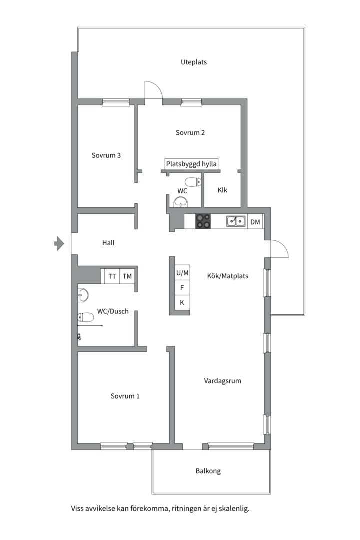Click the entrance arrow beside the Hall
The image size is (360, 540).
[x=59, y=244]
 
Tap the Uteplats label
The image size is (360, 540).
[x=194, y=62]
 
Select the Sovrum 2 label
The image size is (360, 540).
[x=190, y=133]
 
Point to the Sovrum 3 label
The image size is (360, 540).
[x=106, y=155]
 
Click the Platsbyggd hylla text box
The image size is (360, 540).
[x=191, y=164]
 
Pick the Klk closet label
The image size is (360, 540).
[x=222, y=190]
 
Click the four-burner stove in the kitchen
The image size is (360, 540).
[x=203, y=221]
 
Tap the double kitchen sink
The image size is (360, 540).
[x=236, y=221]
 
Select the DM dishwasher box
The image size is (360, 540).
[x=255, y=222]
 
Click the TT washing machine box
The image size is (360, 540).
[x=112, y=276]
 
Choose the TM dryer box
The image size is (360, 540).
[x=127, y=276]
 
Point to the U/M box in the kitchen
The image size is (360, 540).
[x=182, y=273]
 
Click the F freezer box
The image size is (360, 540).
[x=182, y=288]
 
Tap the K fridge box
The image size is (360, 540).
[x=182, y=302]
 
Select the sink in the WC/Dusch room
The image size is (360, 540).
[x=83, y=295]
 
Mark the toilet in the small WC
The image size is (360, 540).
[x=193, y=182]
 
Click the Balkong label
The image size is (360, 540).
[x=208, y=471]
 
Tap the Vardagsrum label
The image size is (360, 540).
[x=222, y=381]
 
